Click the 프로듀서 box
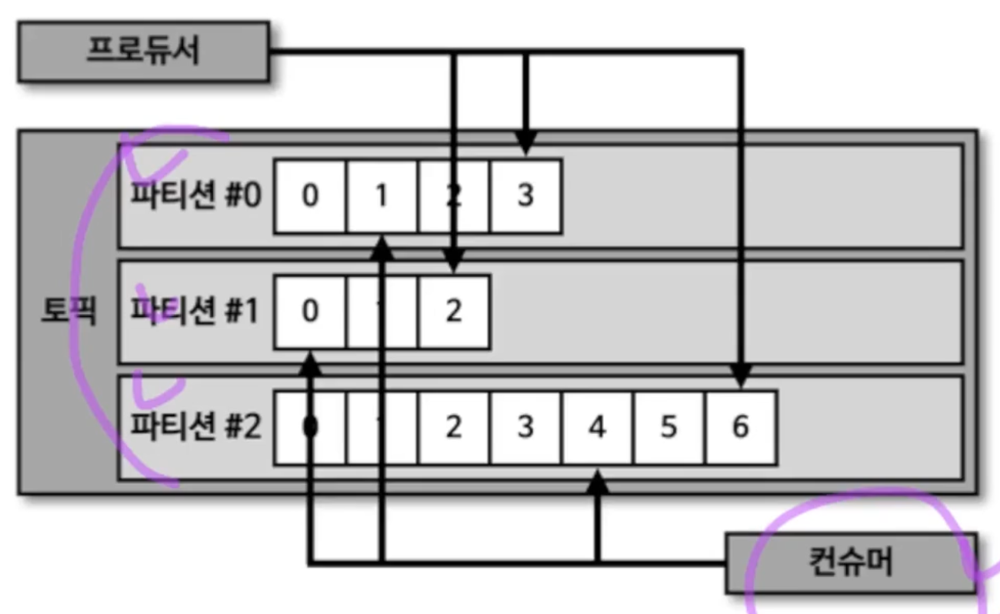[143, 52]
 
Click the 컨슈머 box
[850, 563]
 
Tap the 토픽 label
[68, 313]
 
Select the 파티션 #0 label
[196, 196]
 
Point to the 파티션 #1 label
[196, 312]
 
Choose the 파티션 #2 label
[196, 426]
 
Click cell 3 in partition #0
[525, 196]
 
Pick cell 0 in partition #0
[310, 196]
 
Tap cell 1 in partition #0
[382, 196]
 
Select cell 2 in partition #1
[454, 312]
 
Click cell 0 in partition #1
[310, 312]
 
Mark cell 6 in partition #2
[740, 427]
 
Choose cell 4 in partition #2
[597, 427]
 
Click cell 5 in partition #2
[668, 427]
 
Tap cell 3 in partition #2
[525, 427]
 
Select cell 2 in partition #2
[454, 427]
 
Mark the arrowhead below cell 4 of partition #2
[597, 482]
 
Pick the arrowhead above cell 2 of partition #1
[454, 262]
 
